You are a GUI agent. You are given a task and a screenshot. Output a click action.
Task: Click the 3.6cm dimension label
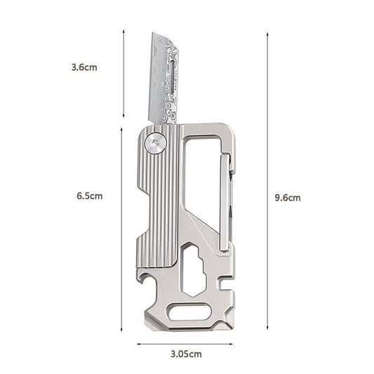84,68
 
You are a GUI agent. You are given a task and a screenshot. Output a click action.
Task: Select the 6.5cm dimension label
89,196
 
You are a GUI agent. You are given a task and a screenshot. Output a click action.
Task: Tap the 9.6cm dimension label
288,198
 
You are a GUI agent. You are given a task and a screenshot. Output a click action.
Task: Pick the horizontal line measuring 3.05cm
184,344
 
